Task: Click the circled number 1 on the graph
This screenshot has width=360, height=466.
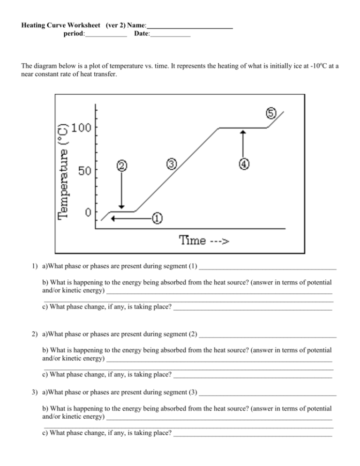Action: click(157, 218)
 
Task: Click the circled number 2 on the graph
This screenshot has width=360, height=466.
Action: click(121, 166)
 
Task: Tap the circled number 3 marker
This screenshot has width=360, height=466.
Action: click(172, 164)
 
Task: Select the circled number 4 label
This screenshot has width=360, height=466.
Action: click(244, 164)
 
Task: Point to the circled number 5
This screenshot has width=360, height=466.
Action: click(271, 113)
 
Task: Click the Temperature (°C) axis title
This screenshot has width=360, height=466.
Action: click(63, 171)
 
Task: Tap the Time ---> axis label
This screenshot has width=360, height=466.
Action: click(204, 241)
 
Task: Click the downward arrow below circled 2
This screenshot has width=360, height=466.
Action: click(121, 190)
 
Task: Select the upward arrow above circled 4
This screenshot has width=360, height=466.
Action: click(243, 143)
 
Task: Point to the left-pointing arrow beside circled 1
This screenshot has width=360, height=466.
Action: click(131, 218)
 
